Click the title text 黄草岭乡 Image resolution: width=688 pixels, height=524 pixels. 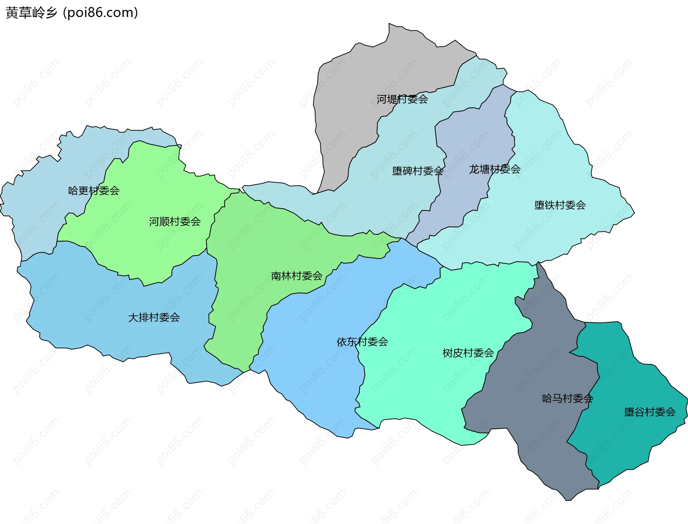[32, 13]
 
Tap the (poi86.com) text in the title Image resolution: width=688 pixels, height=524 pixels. [100, 13]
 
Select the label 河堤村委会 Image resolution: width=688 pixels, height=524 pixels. [402, 99]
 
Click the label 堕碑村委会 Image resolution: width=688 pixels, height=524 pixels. [418, 171]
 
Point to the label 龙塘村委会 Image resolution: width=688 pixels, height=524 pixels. [494, 169]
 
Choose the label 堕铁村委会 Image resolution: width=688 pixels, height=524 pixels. [560, 205]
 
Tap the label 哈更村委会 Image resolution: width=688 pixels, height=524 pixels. [94, 190]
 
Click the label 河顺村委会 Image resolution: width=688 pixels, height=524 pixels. [175, 221]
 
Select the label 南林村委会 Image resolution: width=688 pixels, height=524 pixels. [297, 276]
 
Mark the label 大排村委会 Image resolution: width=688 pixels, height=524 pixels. [154, 317]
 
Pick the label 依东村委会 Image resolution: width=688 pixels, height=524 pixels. [362, 341]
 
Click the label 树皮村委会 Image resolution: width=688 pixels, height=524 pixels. [468, 353]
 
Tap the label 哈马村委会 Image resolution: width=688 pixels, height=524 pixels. [568, 398]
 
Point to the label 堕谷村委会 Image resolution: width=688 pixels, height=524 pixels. [650, 412]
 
